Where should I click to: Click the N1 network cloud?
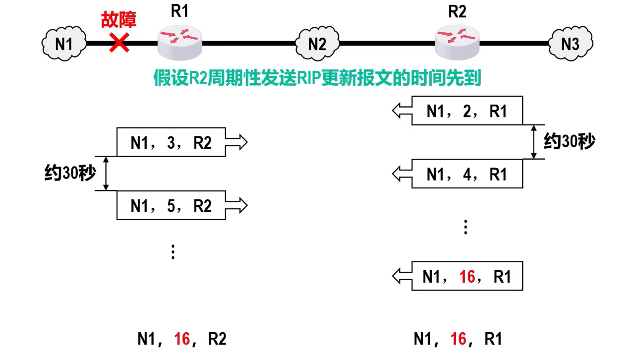click(63, 44)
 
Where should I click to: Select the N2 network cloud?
click(317, 44)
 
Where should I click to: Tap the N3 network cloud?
click(570, 44)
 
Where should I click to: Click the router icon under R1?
click(180, 42)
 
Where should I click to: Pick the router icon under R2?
click(457, 42)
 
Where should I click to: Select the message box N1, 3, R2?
click(171, 142)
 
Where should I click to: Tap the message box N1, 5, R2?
click(171, 205)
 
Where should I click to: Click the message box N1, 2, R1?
click(467, 111)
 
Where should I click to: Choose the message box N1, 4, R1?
click(467, 174)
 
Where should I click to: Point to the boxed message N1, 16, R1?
click(467, 276)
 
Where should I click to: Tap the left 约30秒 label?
click(69, 173)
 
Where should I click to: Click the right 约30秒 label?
click(569, 142)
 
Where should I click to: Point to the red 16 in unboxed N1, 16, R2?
click(182, 339)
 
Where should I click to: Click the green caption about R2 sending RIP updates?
click(317, 78)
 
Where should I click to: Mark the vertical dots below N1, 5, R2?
click(173, 252)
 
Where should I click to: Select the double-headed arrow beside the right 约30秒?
click(534, 142)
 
